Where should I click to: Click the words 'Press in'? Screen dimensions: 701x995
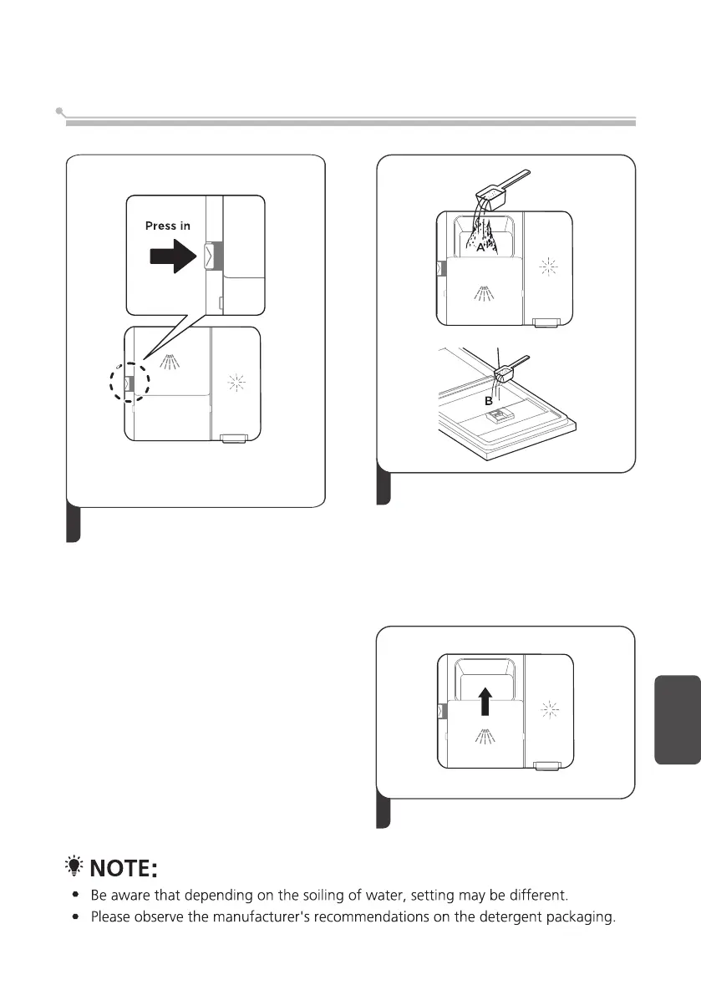(x=167, y=226)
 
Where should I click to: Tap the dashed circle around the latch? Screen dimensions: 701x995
(x=128, y=383)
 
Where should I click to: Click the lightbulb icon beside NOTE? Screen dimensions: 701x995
(x=74, y=868)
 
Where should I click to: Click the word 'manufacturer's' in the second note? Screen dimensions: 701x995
(x=276, y=917)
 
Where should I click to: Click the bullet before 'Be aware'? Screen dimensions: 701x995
(x=76, y=896)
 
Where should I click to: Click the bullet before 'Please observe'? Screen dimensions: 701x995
(x=76, y=917)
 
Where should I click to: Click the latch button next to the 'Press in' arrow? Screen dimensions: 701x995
(x=208, y=255)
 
